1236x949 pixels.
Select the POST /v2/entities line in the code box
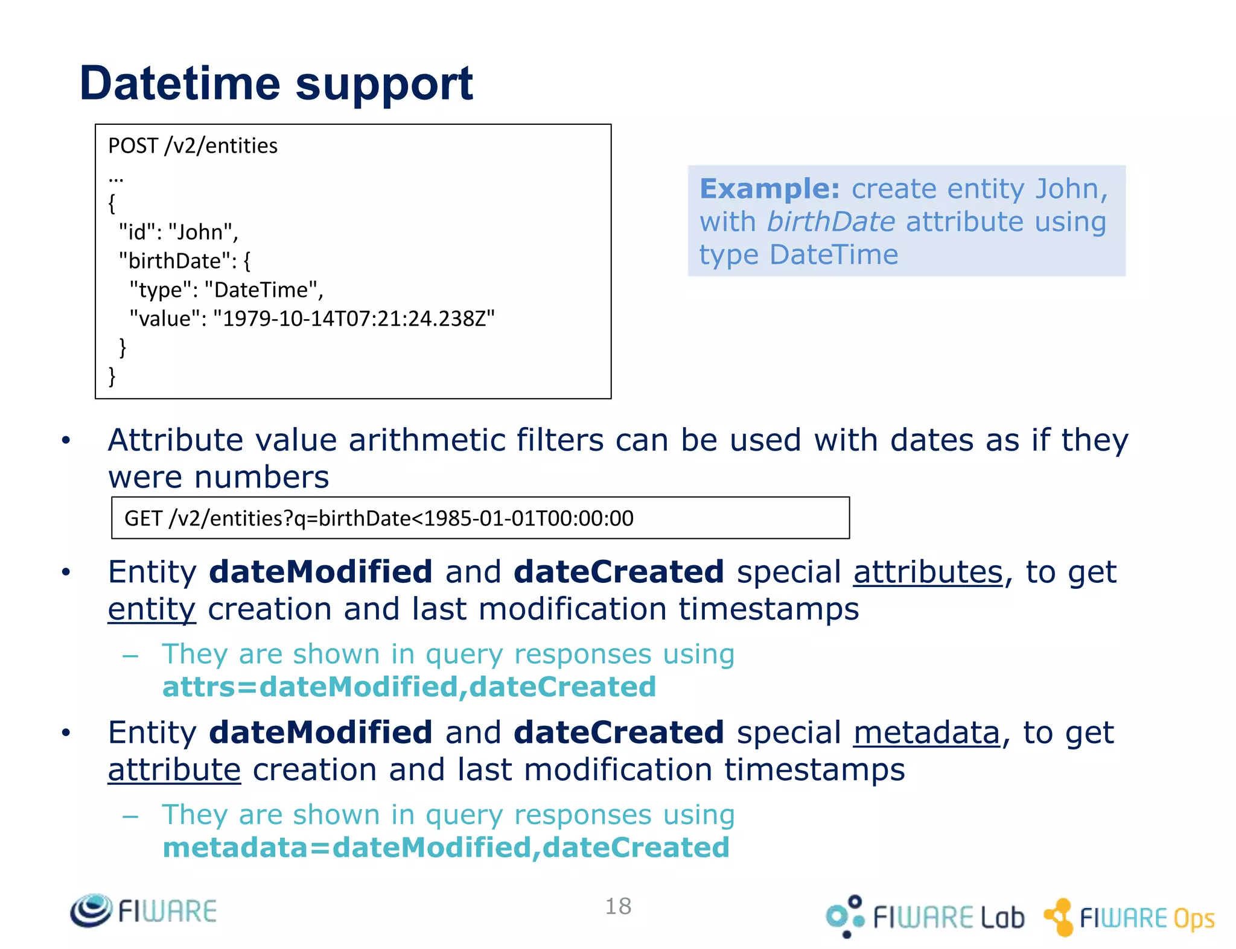click(193, 146)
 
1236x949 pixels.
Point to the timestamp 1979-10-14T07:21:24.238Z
click(354, 319)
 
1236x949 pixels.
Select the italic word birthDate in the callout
click(830, 222)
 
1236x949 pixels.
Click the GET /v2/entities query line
click(378, 518)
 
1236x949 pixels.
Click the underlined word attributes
click(928, 572)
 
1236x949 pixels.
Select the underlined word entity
click(151, 609)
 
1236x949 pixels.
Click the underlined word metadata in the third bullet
click(926, 733)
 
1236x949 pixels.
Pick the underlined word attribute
click(174, 770)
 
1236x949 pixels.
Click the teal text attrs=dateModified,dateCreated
click(409, 687)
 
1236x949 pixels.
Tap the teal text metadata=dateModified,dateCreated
click(446, 848)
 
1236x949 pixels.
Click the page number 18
click(618, 906)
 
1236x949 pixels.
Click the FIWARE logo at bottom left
click(144, 910)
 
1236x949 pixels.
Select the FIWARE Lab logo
click(925, 916)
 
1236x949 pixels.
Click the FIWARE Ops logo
click(1129, 918)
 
